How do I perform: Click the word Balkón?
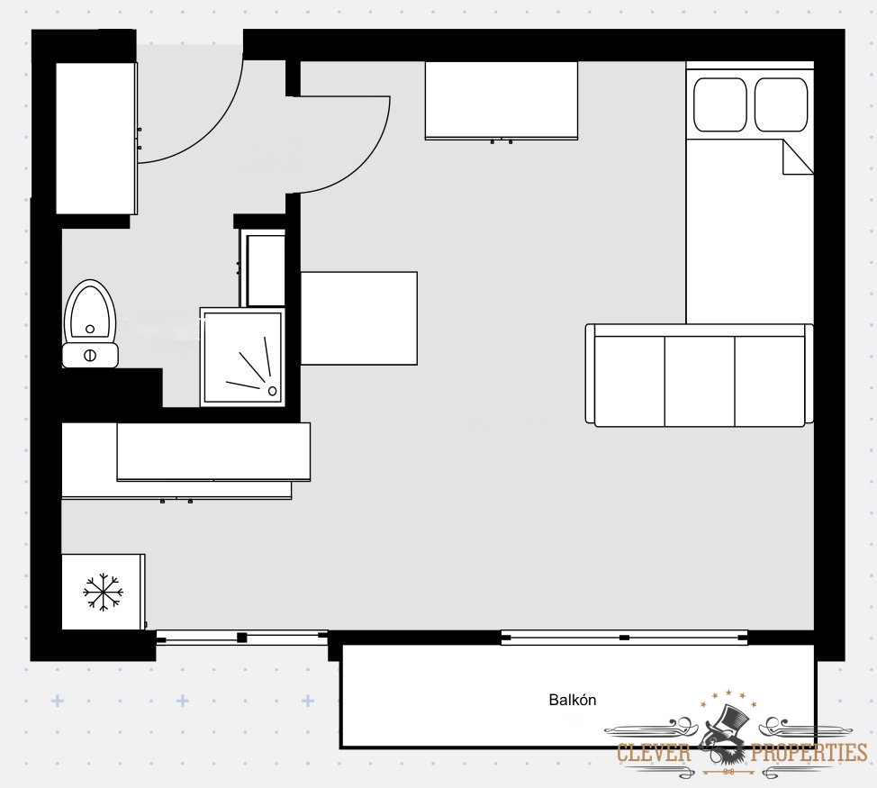[572, 700]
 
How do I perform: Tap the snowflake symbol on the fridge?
[103, 592]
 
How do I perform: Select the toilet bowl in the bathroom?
[90, 312]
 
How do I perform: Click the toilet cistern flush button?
[90, 355]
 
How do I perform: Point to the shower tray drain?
[273, 390]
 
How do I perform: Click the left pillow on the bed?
[720, 105]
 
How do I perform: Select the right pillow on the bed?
[782, 105]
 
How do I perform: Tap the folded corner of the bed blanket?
[798, 158]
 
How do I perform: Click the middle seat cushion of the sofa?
[700, 382]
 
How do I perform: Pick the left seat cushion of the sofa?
[629, 382]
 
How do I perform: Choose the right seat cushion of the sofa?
[771, 382]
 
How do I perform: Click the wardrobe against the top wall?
[502, 101]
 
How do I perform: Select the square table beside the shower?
[359, 318]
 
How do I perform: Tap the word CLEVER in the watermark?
[655, 753]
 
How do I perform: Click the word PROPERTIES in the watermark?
[809, 753]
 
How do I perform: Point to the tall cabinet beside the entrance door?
[96, 138]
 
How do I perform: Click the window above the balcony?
[624, 638]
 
